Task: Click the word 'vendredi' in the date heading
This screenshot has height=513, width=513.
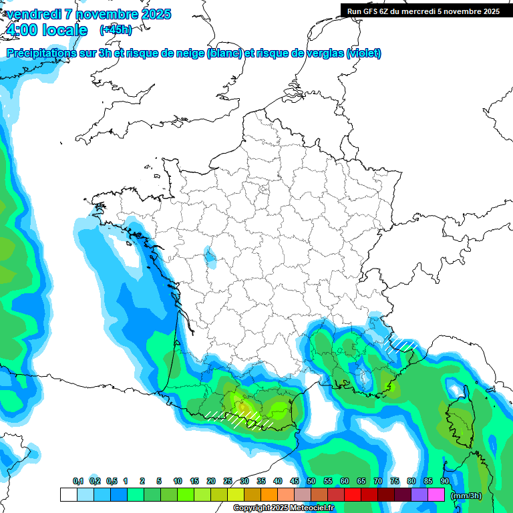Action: tap(34, 14)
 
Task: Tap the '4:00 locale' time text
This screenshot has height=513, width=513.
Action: tap(46, 30)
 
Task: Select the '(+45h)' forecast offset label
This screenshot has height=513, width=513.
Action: tap(116, 29)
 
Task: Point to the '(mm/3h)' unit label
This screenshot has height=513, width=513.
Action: tap(466, 496)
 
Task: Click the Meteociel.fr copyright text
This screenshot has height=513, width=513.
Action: tap(283, 508)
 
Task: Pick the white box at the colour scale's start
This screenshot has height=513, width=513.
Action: tap(68, 495)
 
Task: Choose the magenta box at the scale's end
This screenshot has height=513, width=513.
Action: tap(436, 495)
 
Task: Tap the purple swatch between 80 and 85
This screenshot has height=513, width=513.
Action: tap(419, 495)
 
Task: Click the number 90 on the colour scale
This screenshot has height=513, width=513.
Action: tap(445, 481)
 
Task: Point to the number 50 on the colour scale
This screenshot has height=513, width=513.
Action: tap(311, 481)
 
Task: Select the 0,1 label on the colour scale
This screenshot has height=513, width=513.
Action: tap(78, 481)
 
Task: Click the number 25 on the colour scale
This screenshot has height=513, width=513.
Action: tap(228, 481)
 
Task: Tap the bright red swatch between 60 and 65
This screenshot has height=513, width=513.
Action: tap(353, 495)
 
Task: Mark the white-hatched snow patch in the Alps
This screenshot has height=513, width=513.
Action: tap(403, 344)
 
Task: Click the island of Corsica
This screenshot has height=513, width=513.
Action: tap(460, 417)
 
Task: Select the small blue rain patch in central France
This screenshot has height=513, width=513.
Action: tap(210, 256)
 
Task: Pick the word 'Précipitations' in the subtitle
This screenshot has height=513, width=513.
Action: tap(39, 53)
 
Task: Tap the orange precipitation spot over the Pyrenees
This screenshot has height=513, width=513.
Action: tap(244, 406)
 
